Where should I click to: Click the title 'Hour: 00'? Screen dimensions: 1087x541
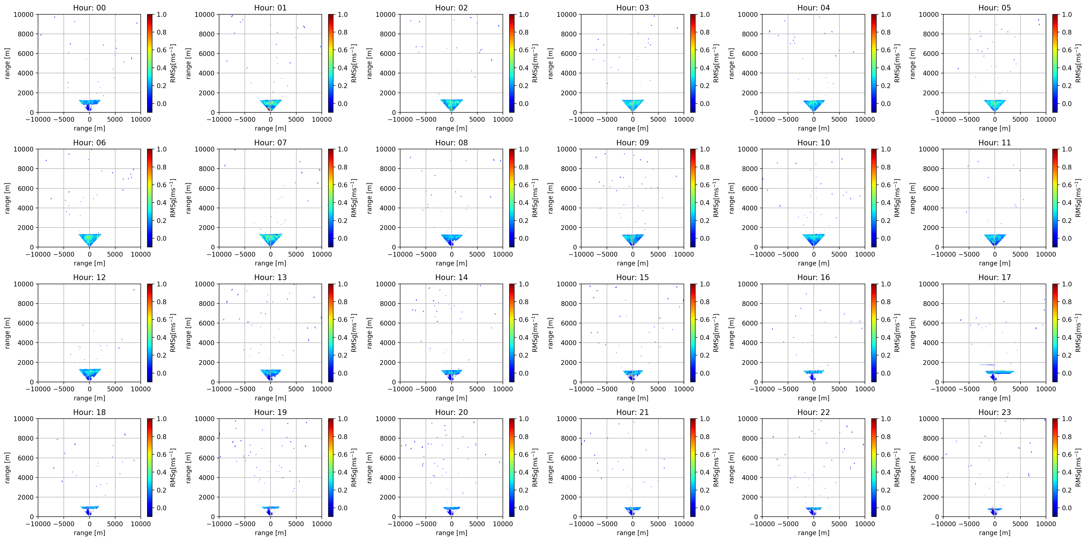coord(90,8)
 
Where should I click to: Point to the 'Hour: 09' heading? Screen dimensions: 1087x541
coord(632,142)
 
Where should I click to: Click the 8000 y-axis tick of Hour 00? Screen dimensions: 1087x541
coord(25,34)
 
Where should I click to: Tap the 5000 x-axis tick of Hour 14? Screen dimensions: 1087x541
coord(477,389)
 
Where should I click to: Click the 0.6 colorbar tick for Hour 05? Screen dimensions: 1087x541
coord(1067,50)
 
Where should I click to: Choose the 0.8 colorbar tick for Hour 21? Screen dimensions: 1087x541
coord(705,437)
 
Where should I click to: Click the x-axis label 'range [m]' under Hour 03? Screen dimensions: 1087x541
coord(632,128)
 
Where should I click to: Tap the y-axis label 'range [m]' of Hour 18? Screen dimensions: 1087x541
coord(7,468)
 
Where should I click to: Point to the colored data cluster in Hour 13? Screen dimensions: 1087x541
coord(271,374)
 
